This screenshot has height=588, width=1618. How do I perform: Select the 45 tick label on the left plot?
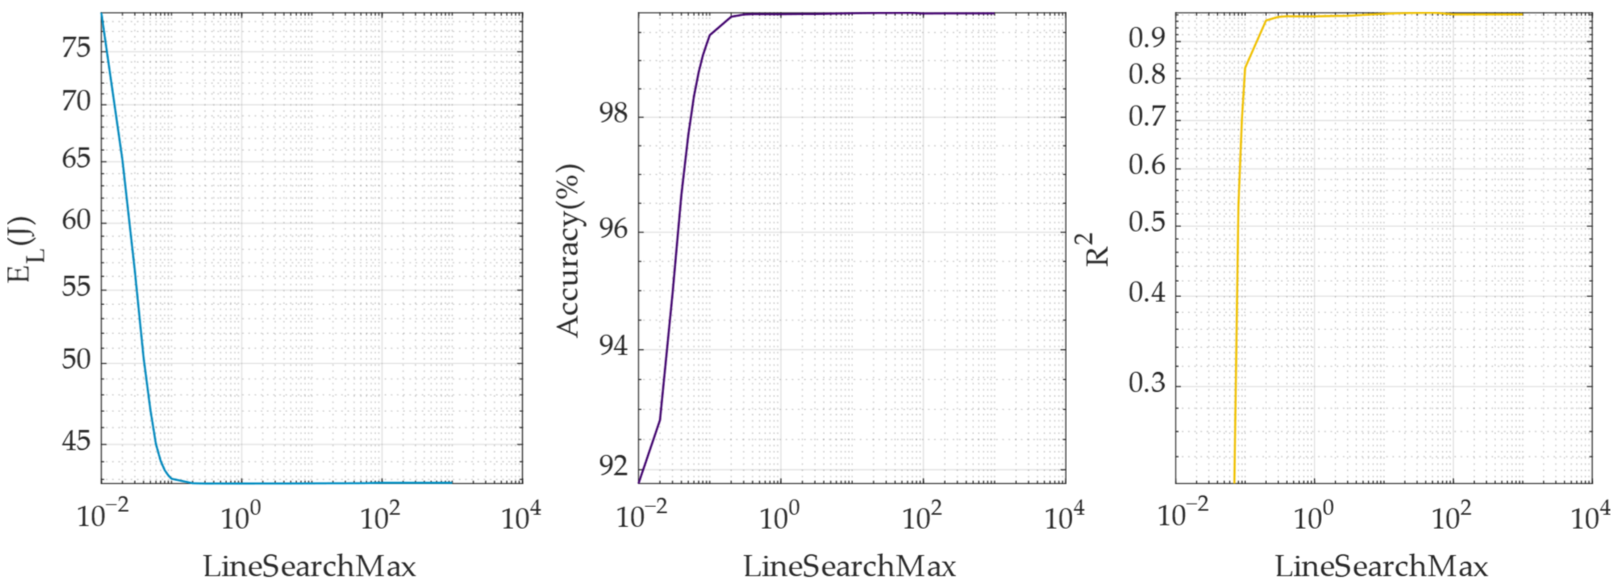pos(76,442)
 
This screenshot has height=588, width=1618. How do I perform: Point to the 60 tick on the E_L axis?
pos(76,220)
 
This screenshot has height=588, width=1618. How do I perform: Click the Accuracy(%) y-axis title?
pos(569,251)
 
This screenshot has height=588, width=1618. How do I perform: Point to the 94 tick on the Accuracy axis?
pos(613,346)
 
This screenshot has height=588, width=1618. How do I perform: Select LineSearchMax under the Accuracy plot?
pos(849,567)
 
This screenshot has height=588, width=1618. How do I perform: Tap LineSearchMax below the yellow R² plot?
pos(1381,567)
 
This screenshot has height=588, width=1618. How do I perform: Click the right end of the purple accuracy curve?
pos(994,14)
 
